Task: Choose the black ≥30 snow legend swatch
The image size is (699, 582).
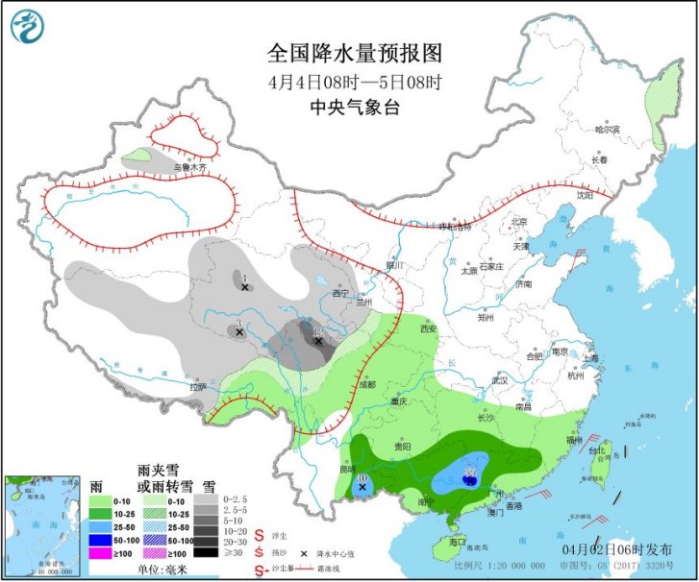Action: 205,552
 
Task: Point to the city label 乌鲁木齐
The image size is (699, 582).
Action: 189,166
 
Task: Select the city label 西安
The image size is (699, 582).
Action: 428,328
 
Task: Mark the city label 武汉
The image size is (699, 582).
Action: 498,380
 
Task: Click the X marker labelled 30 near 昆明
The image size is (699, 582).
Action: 362,488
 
